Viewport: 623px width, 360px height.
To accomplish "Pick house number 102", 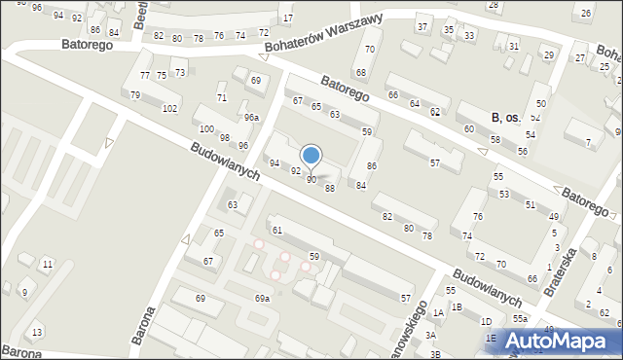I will click(169, 108).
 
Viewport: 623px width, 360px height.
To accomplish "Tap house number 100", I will click(205, 128).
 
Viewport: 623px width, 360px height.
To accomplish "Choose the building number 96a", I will click(251, 117).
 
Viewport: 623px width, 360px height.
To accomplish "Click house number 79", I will click(135, 94).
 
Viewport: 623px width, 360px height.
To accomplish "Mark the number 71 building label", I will click(222, 98).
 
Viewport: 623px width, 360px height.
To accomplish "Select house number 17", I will click(286, 18).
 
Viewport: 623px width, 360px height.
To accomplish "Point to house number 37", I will click(421, 26).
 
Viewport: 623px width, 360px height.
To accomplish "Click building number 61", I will click(277, 230).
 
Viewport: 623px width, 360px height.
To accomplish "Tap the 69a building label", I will click(262, 299).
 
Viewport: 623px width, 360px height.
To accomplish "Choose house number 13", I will click(38, 333).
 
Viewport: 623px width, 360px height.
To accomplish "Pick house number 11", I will click(47, 264).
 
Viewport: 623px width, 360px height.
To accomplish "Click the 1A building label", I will click(439, 312).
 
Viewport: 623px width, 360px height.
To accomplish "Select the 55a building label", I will click(521, 319).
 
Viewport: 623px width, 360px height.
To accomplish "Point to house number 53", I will click(504, 194).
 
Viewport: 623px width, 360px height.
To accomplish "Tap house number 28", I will click(493, 4).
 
